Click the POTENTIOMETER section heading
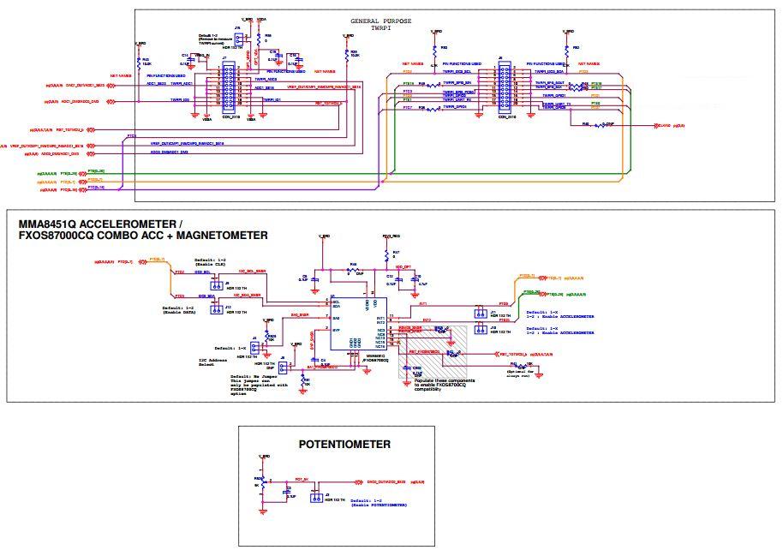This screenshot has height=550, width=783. click(344, 445)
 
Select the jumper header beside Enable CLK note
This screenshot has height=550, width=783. click(218, 285)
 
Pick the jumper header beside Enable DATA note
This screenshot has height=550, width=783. click(218, 308)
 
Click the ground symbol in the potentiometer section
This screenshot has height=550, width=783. click(262, 511)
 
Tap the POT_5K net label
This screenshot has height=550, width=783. click(301, 481)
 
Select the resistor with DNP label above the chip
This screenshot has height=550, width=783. click(351, 271)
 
